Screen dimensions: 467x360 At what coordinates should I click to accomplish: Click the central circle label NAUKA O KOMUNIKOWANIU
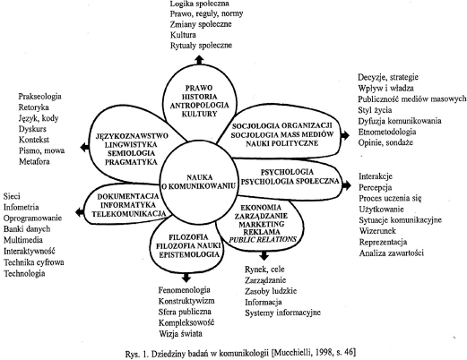click(x=199, y=182)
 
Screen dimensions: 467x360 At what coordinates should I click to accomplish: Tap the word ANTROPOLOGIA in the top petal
click(x=199, y=106)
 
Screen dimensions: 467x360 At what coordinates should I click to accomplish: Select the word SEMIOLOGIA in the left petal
click(x=131, y=153)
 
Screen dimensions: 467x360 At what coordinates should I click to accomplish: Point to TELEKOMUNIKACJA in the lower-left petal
click(x=129, y=214)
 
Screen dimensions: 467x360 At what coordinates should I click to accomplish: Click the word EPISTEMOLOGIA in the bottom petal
click(x=189, y=254)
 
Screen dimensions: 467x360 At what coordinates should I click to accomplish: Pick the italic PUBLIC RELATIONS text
click(x=263, y=239)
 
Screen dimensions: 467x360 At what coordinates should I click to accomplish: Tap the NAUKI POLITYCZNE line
click(x=282, y=143)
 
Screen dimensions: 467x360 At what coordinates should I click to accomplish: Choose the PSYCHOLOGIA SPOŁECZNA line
click(x=290, y=181)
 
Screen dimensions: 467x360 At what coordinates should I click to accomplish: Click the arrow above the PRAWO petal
click(x=199, y=60)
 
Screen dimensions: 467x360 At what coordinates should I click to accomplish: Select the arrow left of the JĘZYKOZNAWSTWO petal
click(x=85, y=147)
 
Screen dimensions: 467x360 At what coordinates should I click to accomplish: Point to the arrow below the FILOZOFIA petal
click(x=186, y=278)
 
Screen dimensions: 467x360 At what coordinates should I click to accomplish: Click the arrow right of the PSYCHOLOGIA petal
click(x=346, y=185)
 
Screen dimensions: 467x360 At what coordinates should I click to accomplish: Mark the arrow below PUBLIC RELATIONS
click(x=264, y=255)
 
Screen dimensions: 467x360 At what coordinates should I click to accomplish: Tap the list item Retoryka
click(x=33, y=107)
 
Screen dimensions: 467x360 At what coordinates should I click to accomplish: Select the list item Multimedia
click(x=23, y=240)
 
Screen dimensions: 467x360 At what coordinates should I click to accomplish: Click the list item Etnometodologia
click(x=387, y=132)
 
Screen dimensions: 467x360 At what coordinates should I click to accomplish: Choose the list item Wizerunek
click(x=377, y=231)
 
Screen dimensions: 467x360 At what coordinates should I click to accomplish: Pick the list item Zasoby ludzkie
click(x=271, y=291)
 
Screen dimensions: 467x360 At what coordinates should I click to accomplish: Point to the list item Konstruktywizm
click(x=186, y=301)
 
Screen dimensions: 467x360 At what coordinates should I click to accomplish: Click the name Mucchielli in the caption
click(x=298, y=353)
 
